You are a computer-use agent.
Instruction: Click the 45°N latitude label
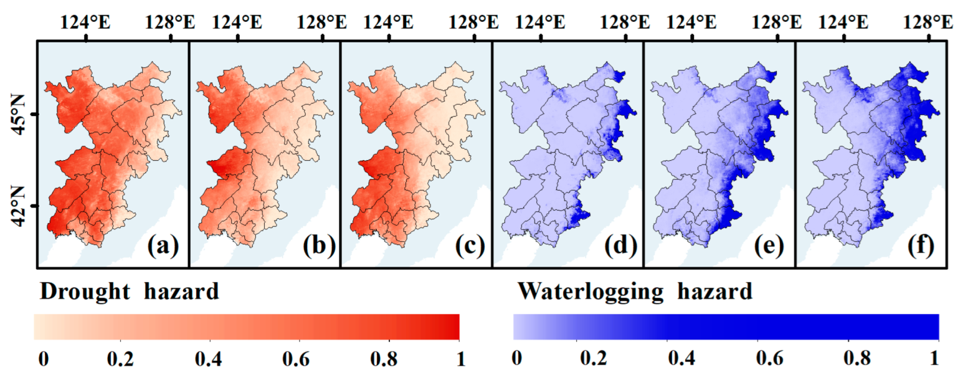point(17,115)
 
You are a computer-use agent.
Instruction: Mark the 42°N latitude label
point(17,206)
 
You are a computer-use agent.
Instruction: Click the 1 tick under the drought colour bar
point(459,360)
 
